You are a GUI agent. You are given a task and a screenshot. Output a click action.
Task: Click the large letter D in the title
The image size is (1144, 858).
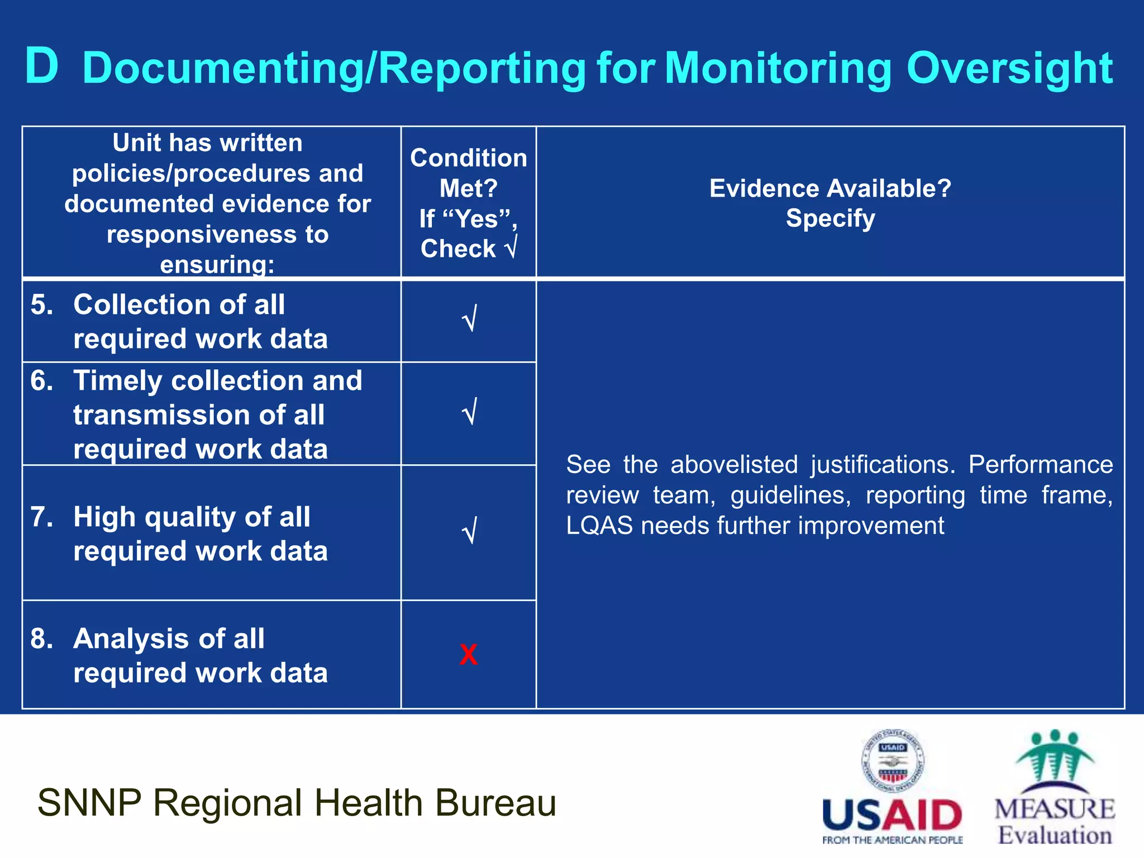pyautogui.click(x=42, y=67)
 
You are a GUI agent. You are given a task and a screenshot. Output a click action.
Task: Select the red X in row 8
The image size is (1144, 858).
pyautogui.click(x=468, y=654)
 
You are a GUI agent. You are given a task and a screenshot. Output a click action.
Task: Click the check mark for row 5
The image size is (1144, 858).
pyautogui.click(x=469, y=319)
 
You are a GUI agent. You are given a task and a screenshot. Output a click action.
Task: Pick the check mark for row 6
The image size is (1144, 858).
pyautogui.click(x=469, y=412)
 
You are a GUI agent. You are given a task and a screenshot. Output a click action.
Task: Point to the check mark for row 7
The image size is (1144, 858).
pyautogui.click(x=469, y=531)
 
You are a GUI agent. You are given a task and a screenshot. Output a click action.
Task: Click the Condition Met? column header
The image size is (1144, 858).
pyautogui.click(x=468, y=173)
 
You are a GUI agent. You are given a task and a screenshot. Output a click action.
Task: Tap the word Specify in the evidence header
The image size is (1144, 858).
pyautogui.click(x=830, y=218)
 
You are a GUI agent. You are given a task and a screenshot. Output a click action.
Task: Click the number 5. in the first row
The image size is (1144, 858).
pyautogui.click(x=42, y=305)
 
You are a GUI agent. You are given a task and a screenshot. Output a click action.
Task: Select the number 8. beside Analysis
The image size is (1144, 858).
pyautogui.click(x=42, y=638)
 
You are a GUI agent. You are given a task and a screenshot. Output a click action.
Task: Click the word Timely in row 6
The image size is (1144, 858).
pyautogui.click(x=117, y=381)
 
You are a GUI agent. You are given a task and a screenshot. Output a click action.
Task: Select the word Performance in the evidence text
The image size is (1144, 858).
pyautogui.click(x=1040, y=465)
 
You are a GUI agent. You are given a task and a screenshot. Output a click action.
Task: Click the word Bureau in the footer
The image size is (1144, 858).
pyautogui.click(x=495, y=803)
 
